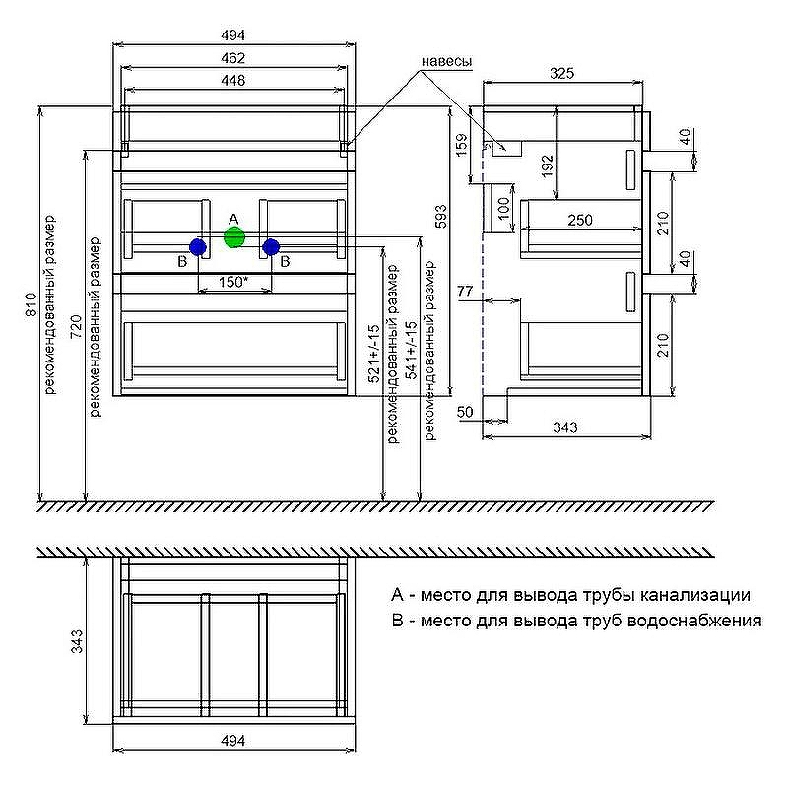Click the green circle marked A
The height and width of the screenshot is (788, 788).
tap(233, 236)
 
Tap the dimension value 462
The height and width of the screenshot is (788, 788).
tap(232, 59)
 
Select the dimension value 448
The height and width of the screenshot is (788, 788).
tap(232, 80)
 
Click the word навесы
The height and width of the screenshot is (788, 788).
tap(447, 61)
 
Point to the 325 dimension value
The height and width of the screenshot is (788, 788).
tap(562, 73)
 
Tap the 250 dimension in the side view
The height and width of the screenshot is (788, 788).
tap(580, 221)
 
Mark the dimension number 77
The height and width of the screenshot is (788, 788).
tap(466, 292)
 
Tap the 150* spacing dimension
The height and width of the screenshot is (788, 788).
tap(231, 283)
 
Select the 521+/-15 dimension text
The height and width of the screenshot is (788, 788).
tap(374, 355)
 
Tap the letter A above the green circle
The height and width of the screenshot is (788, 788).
tap(233, 217)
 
